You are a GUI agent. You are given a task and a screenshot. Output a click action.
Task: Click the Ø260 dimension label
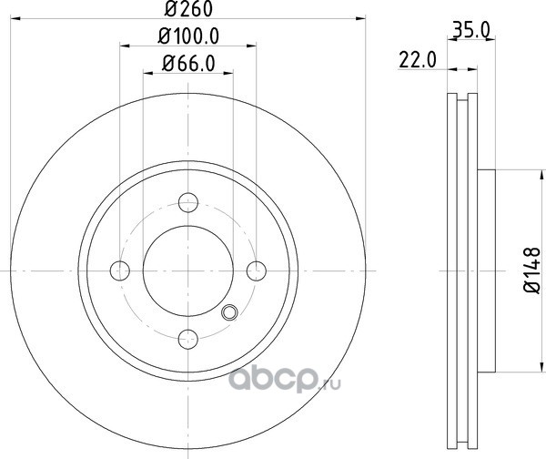point(188,8)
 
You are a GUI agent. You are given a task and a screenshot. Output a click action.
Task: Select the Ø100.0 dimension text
point(188,36)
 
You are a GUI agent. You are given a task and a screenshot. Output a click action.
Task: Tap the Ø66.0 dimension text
point(188,64)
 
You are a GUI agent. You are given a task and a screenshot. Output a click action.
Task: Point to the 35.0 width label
point(470,31)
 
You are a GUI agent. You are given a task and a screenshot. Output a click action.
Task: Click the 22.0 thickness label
point(417,60)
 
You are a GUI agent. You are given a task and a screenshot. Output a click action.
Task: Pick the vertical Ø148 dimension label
point(531,270)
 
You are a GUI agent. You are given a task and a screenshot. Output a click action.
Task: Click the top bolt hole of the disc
point(188,202)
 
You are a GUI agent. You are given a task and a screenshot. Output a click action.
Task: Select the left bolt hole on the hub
point(120,270)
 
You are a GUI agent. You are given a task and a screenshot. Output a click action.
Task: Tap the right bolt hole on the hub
point(257,270)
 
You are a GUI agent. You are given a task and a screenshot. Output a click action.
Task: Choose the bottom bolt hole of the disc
point(188,339)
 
